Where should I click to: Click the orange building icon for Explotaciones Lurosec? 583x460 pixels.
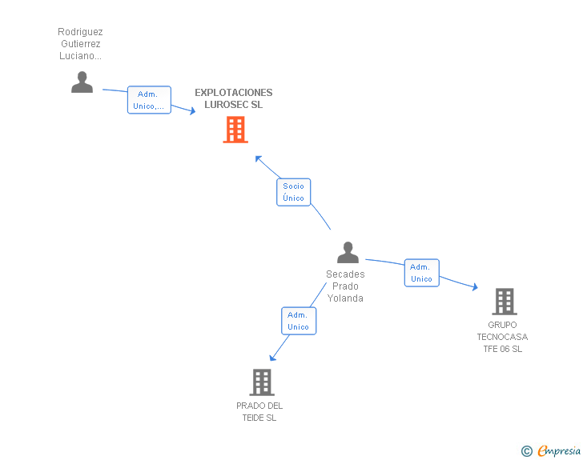tap(235, 130)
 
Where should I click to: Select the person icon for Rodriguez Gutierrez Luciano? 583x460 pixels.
tap(82, 82)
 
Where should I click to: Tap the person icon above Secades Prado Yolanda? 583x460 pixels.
tap(348, 253)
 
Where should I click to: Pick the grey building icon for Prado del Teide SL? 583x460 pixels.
tap(262, 382)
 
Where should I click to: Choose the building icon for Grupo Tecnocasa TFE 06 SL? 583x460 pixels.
tap(504, 302)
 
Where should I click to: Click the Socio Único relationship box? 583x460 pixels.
tap(293, 192)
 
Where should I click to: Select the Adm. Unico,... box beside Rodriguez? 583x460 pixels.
tap(149, 100)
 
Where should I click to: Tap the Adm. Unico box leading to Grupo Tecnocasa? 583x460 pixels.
tap(421, 273)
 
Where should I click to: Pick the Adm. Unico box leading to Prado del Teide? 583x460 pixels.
tap(299, 321)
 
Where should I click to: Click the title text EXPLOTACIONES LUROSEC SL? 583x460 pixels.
tap(234, 98)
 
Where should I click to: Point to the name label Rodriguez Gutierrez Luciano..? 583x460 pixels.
tap(80, 44)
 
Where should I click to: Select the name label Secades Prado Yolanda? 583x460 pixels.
tap(345, 286)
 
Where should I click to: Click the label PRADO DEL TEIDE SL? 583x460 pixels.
tap(259, 412)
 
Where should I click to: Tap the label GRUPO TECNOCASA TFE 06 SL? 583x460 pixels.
tap(502, 337)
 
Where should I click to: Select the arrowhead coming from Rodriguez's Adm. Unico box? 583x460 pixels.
tap(192, 111)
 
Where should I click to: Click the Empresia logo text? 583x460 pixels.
tap(559, 451)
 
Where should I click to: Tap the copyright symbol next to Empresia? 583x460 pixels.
tap(526, 452)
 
